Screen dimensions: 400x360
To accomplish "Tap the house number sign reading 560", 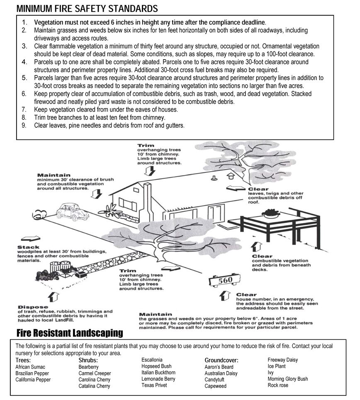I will click(x=225, y=281).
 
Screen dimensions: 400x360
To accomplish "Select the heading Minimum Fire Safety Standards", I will click(x=87, y=8).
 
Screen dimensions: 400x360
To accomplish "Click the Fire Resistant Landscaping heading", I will click(x=70, y=333).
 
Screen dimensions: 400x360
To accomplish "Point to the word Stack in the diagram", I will click(x=29, y=247).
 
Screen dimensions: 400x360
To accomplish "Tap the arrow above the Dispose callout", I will click(x=53, y=296).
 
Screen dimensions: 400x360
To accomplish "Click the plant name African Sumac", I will click(x=30, y=367).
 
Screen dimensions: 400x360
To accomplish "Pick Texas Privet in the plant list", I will click(x=154, y=385).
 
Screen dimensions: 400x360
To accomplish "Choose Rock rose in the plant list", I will click(x=278, y=385).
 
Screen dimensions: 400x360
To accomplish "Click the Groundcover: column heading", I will click(x=221, y=360).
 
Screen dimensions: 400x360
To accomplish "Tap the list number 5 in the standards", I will click(x=24, y=78).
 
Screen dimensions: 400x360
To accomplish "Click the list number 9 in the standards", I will click(x=24, y=125).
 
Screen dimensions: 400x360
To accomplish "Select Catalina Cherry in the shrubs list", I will click(x=94, y=386).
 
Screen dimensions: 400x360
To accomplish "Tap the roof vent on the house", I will click(x=214, y=178).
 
